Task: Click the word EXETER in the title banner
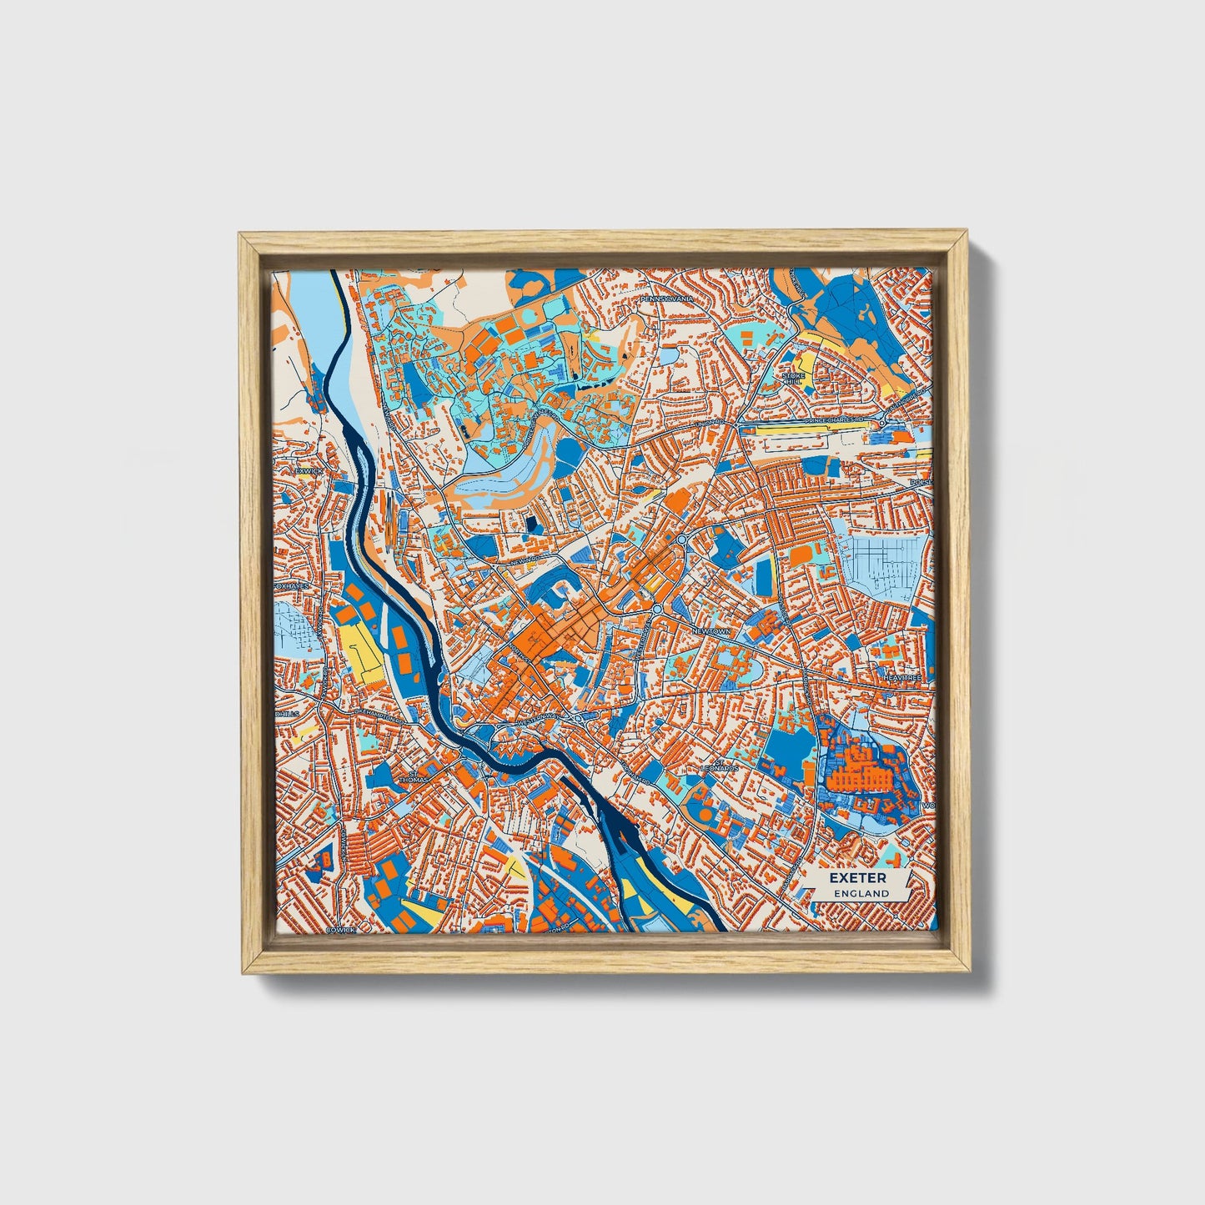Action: point(858,878)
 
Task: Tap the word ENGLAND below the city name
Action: point(858,893)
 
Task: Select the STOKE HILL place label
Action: point(791,379)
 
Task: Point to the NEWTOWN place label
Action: point(710,631)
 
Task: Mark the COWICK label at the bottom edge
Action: point(342,928)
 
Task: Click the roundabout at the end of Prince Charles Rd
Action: point(881,424)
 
